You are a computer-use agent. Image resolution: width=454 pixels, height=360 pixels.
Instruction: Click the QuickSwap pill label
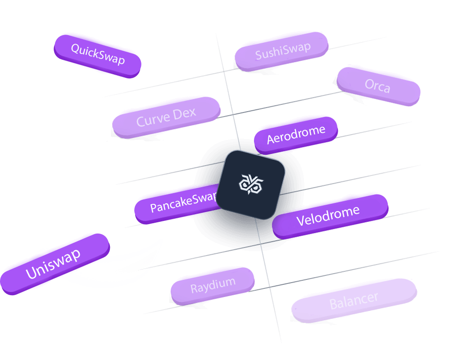98,54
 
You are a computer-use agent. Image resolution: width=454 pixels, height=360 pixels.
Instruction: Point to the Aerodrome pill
296,134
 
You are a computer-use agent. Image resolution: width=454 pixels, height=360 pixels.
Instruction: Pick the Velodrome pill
329,215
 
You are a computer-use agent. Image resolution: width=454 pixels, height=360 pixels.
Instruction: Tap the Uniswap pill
53,263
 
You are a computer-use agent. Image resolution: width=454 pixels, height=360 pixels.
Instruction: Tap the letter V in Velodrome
300,221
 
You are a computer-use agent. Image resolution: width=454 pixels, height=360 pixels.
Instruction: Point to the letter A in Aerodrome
271,139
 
